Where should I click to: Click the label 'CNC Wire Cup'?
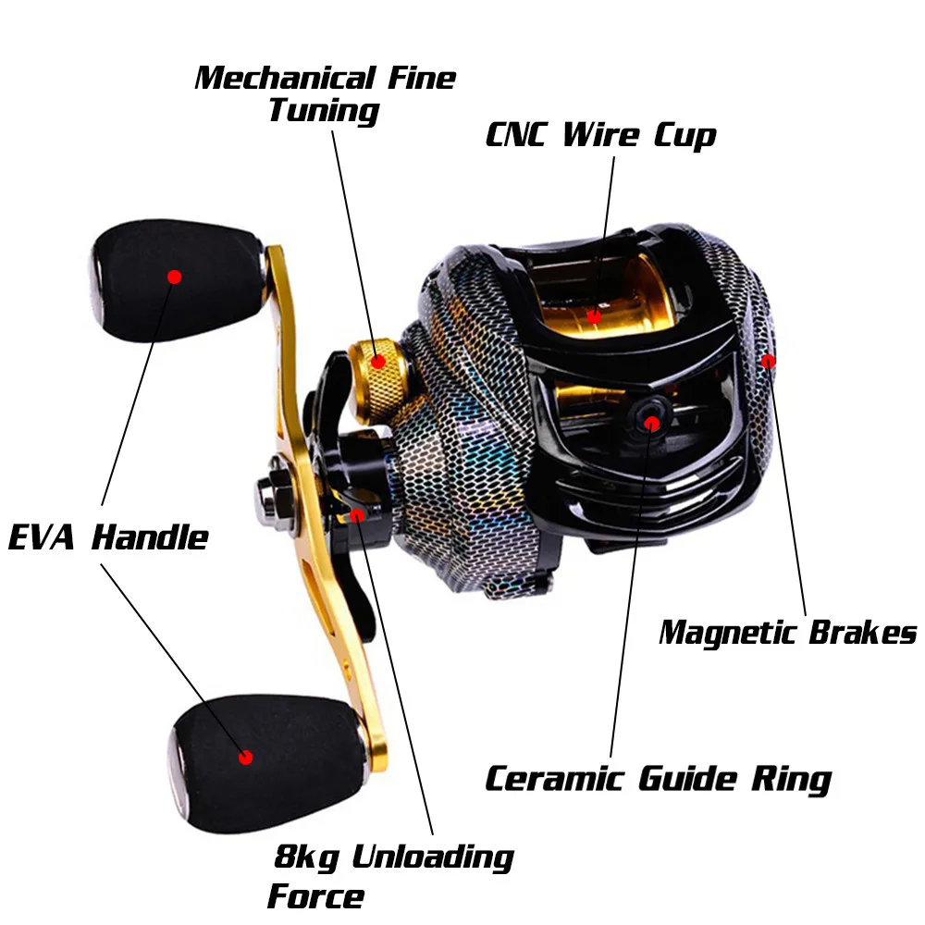point(600,135)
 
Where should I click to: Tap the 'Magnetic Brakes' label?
point(787,633)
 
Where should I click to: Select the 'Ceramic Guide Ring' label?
point(658,779)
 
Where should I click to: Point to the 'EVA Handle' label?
point(108,536)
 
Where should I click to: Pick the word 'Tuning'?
point(324,111)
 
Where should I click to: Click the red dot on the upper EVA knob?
point(174,276)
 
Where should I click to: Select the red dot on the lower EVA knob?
point(245,757)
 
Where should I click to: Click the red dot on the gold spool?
point(594,317)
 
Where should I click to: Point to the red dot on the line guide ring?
point(652,424)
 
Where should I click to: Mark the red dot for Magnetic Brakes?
point(768,361)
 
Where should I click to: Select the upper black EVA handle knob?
point(171,282)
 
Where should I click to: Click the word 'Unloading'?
point(432,857)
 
